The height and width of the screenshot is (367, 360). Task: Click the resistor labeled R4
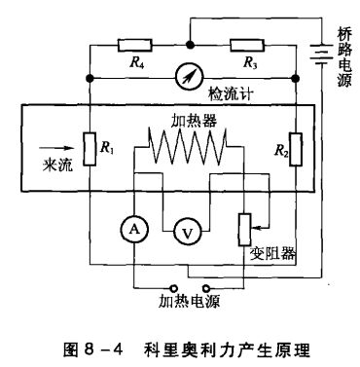point(131,44)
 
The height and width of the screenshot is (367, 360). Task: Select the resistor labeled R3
point(242,44)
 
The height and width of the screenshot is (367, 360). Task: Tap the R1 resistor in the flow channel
point(89,151)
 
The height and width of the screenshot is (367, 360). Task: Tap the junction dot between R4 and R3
point(187,44)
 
